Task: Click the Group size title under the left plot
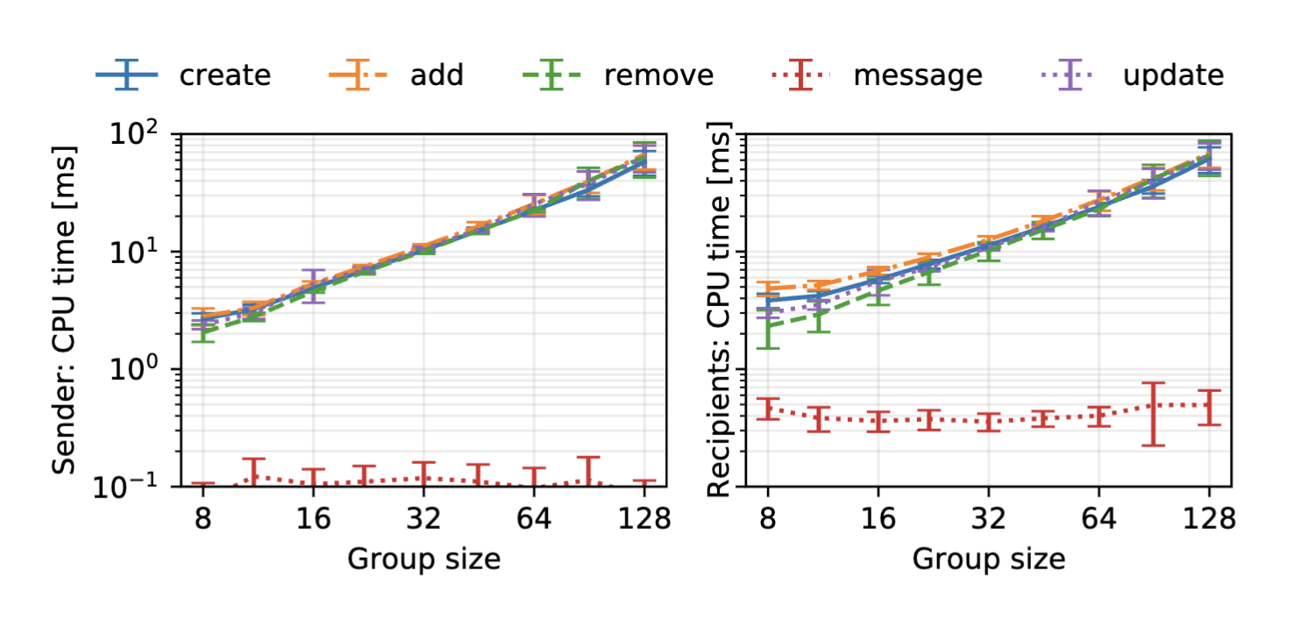[423, 559]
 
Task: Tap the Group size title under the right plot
[989, 559]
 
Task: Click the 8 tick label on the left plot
[203, 519]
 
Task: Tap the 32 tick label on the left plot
[423, 519]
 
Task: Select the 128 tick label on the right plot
[1210, 519]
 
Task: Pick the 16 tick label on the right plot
[879, 519]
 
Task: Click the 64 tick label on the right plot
[1099, 519]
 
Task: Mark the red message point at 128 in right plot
[1210, 405]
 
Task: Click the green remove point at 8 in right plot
[769, 325]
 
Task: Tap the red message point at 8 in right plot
[769, 409]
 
